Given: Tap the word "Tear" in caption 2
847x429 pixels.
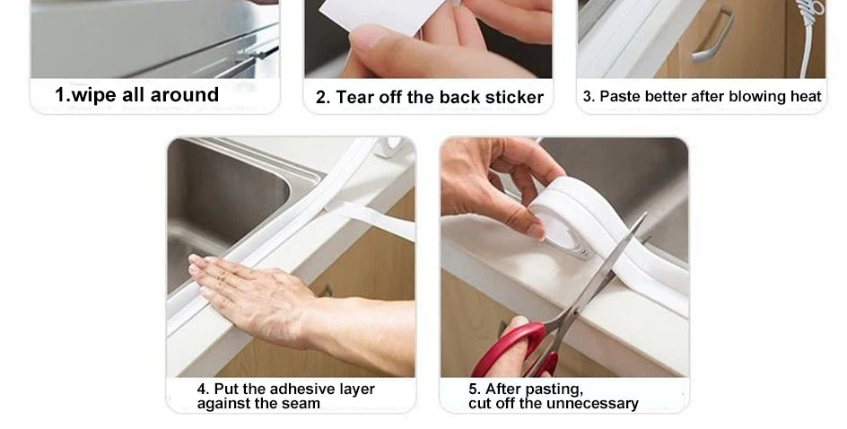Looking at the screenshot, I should [x=354, y=97].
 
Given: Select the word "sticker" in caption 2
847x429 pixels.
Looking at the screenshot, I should [x=514, y=97].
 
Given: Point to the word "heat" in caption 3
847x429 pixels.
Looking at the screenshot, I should [x=806, y=96].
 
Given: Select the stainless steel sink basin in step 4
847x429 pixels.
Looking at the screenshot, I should [x=224, y=197].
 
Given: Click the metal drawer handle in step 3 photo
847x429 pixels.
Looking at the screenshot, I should [x=713, y=36].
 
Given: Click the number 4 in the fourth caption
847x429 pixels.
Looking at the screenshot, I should [x=202, y=389].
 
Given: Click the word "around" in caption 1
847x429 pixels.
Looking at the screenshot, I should [x=186, y=95].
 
